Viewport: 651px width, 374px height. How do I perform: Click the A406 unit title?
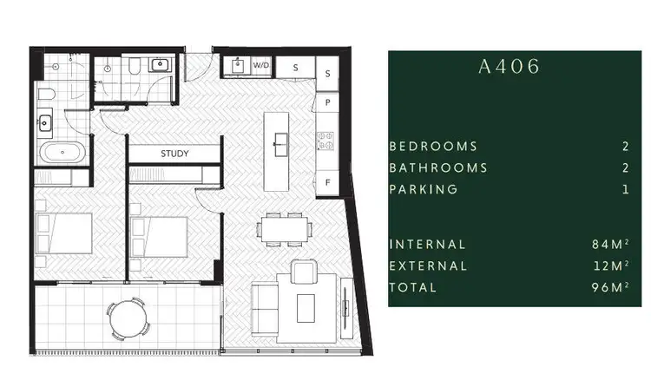point(509,67)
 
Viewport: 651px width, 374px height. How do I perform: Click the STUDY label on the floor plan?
point(174,154)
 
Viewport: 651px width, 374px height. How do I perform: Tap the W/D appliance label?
point(261,66)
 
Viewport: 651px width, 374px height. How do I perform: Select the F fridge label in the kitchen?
point(328,182)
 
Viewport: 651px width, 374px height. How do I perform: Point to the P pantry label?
point(328,102)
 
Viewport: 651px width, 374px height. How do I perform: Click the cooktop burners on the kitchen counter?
point(325,139)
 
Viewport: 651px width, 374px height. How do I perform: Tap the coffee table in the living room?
point(306,306)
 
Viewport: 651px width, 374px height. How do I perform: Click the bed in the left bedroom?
point(65,233)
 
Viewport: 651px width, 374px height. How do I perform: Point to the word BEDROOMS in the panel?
point(433,147)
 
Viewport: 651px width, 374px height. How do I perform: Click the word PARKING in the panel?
point(424,189)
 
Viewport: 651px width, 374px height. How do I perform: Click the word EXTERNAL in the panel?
point(428,266)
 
